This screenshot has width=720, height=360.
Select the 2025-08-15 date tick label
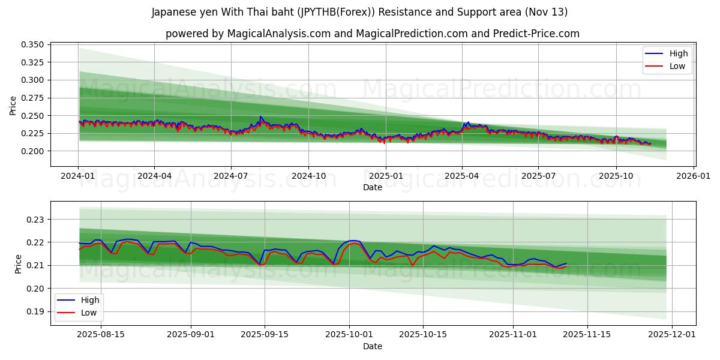click(x=101, y=334)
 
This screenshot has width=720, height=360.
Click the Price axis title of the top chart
click(x=13, y=105)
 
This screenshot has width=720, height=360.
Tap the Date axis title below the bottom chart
click(x=373, y=346)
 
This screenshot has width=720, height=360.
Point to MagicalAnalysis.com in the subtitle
click(x=279, y=34)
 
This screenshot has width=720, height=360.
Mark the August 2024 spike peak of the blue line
click(x=260, y=116)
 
